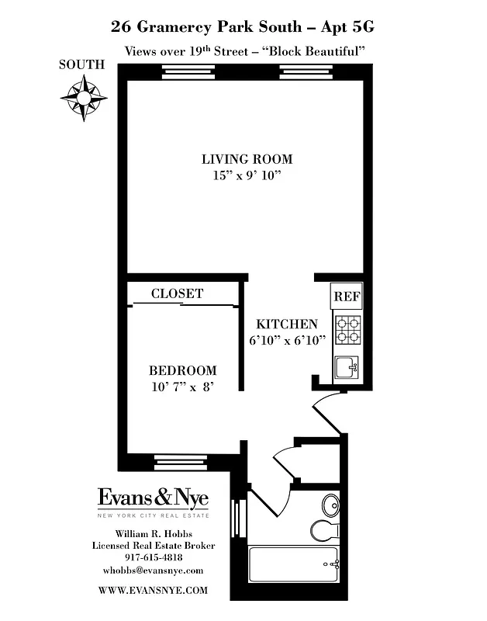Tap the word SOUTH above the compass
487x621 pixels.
tap(81, 65)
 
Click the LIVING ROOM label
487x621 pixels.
tap(247, 159)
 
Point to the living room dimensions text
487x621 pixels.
tap(247, 175)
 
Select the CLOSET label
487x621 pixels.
tap(177, 293)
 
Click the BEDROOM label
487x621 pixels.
tap(183, 370)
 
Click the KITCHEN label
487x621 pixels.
tap(287, 324)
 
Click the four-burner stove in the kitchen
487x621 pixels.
tap(347, 329)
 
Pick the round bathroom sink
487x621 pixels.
tap(330, 502)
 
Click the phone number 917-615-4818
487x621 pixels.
tap(154, 557)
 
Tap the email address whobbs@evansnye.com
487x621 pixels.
tap(154, 571)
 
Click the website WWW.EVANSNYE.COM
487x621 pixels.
tap(154, 590)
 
